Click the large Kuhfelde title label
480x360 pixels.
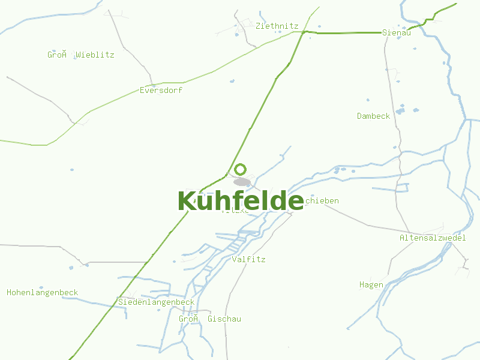click(241, 201)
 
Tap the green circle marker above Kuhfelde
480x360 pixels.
click(241, 169)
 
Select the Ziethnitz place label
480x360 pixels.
click(277, 26)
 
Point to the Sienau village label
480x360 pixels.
click(397, 32)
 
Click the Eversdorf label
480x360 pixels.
click(161, 90)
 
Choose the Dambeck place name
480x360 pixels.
click(373, 116)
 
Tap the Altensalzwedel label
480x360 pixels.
click(433, 238)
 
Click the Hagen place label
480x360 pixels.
click(371, 284)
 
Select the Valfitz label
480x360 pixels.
click(248, 259)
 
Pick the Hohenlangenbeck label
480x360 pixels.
click(42, 293)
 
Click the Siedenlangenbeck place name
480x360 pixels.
click(156, 302)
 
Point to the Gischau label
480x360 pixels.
click(224, 319)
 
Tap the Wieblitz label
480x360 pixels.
click(95, 55)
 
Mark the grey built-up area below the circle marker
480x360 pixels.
click(242, 181)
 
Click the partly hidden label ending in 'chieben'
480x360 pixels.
click(322, 200)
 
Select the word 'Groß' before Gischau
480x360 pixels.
click(188, 319)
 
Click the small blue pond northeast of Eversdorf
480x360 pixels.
click(232, 81)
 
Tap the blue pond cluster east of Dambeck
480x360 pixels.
click(400, 110)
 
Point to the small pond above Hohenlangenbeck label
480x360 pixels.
click(41, 287)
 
